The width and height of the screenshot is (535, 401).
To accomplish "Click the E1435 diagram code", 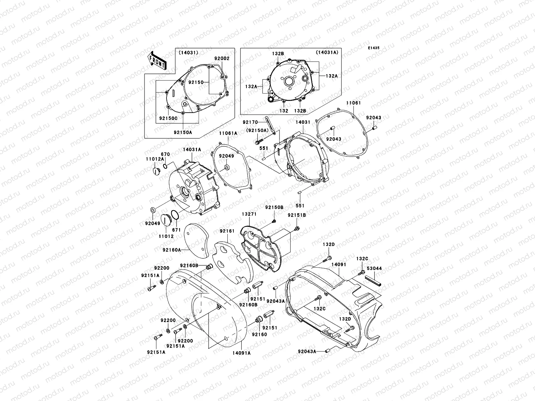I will click(x=374, y=48).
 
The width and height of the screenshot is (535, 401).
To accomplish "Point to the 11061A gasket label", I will click(x=228, y=133).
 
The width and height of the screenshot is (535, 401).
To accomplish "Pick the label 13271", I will click(x=249, y=214).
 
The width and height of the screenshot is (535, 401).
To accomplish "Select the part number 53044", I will click(x=374, y=268).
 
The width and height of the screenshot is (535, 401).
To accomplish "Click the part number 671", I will click(x=177, y=230).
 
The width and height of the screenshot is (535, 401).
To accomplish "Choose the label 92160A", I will click(x=172, y=250).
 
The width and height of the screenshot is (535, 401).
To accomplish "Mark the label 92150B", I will click(x=274, y=207).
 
